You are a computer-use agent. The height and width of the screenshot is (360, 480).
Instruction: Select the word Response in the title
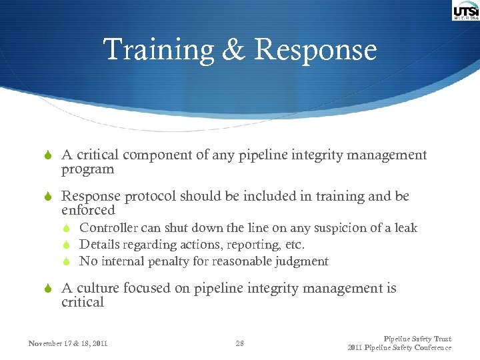315,51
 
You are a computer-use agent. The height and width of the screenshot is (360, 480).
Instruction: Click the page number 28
240,344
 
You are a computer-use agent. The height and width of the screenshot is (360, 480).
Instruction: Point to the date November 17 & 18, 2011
68,344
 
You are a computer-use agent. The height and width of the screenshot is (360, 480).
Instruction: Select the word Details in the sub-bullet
99,245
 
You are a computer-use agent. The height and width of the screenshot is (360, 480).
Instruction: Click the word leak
405,228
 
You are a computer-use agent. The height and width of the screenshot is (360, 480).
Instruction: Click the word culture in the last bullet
97,288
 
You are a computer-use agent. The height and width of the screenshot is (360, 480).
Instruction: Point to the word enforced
88,210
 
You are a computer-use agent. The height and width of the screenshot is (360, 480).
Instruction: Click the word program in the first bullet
88,169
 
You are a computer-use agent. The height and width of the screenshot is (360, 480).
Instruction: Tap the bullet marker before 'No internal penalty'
69,261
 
